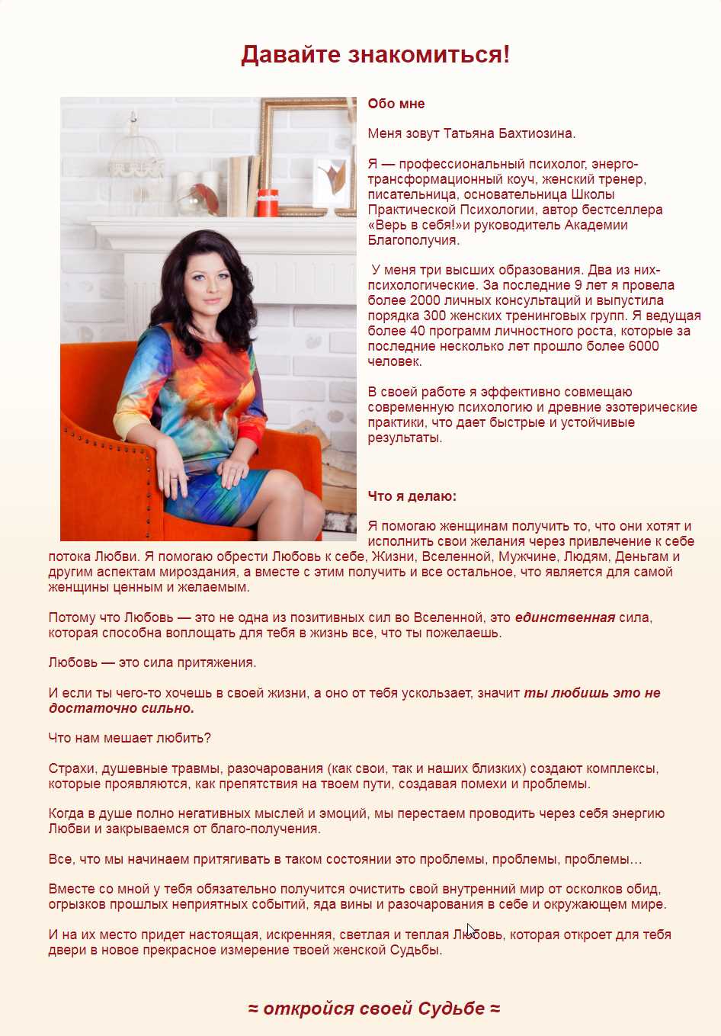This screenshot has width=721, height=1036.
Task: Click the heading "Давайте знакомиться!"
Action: (375, 55)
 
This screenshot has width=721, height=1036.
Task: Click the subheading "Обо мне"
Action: (396, 104)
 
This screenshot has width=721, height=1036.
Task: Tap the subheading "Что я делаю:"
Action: (412, 496)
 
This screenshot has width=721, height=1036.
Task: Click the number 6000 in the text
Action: (642, 346)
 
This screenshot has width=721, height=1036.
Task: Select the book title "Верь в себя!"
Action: (412, 225)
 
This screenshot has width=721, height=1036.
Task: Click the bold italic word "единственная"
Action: (565, 617)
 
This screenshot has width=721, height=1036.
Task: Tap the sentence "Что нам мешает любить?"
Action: (130, 738)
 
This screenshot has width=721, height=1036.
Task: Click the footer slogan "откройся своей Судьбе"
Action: (374, 1009)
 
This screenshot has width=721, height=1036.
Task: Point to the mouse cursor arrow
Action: (470, 929)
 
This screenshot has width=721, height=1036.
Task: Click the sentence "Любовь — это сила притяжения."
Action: (152, 662)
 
